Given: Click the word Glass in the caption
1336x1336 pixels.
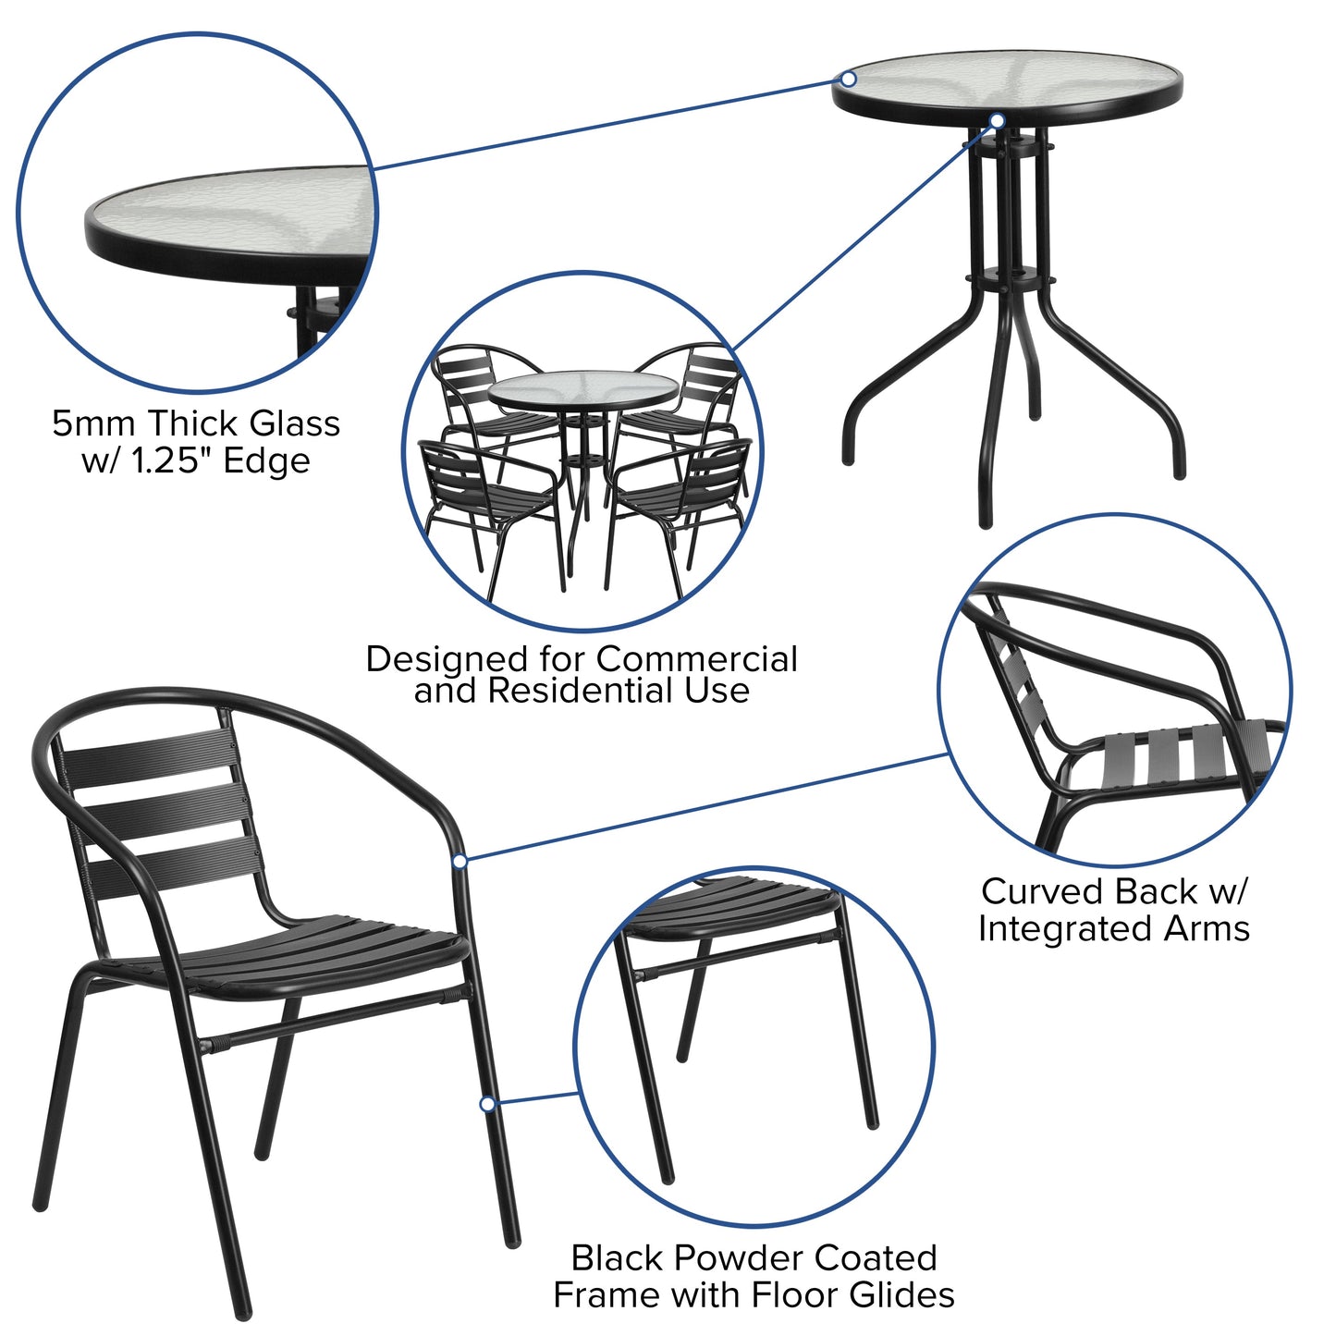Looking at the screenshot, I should (x=296, y=424).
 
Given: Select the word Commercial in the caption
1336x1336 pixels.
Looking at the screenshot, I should (x=696, y=659).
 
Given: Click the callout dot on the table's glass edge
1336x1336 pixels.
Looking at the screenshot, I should (x=849, y=80).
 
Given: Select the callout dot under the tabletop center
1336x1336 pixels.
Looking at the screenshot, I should (x=997, y=120).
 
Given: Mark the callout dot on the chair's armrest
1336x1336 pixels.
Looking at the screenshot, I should (x=460, y=862).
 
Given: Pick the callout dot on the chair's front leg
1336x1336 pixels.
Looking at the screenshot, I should (x=487, y=1104).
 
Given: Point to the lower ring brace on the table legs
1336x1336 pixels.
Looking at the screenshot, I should (x=1008, y=278).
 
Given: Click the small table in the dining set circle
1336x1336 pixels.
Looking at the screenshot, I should (x=582, y=392).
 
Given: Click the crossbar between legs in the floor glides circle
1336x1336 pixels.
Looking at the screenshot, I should (x=730, y=955).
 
